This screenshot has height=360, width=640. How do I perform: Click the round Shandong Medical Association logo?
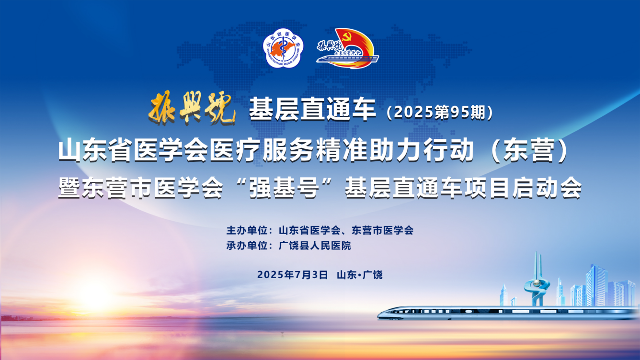tap(283, 48)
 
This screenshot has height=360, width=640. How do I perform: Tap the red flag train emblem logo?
tap(347, 48)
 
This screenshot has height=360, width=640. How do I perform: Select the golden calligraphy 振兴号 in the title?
tap(192, 108)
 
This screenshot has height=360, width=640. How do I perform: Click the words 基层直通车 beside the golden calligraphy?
tap(312, 109)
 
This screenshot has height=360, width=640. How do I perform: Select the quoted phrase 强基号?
tap(284, 188)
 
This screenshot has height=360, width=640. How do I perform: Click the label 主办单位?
tap(247, 230)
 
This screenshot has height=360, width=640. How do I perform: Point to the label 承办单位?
tap(247, 246)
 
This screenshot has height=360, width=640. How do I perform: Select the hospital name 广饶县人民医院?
tap(315, 246)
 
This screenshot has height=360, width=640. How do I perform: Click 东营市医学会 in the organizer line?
tap(383, 230)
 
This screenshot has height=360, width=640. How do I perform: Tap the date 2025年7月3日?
tap(292, 275)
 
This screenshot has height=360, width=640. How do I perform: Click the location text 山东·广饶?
tap(360, 275)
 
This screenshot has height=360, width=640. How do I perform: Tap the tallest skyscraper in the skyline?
tap(596, 285)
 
